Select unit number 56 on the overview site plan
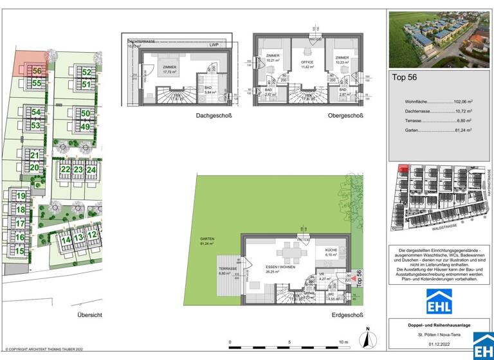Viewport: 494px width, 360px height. tap(37, 72)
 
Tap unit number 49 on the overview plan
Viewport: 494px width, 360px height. tap(86, 125)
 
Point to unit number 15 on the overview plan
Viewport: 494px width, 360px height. tap(20, 251)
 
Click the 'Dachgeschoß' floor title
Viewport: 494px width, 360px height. tap(214, 116)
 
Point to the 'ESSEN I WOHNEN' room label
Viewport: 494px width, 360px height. tap(280, 267)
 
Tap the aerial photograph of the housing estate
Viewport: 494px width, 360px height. tap(440, 39)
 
